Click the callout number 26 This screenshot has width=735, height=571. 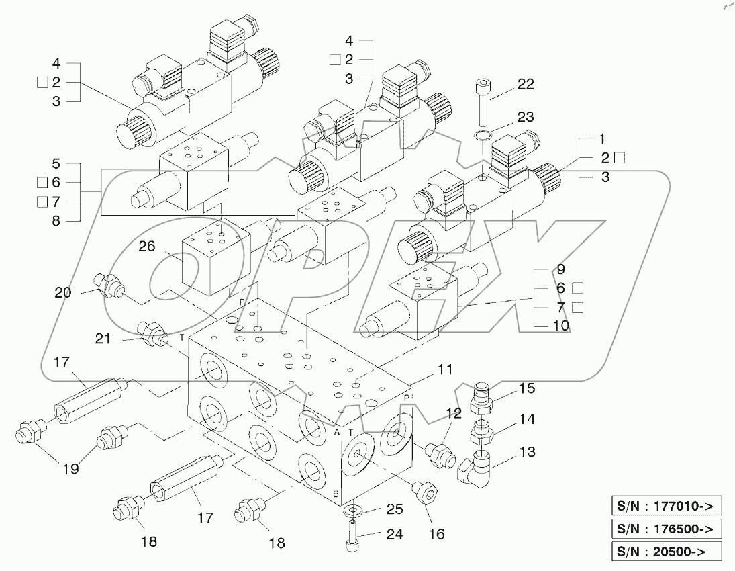point(147,246)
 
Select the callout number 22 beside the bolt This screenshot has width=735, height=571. point(526,83)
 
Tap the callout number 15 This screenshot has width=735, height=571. point(526,388)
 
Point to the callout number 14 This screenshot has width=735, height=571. point(526,419)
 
